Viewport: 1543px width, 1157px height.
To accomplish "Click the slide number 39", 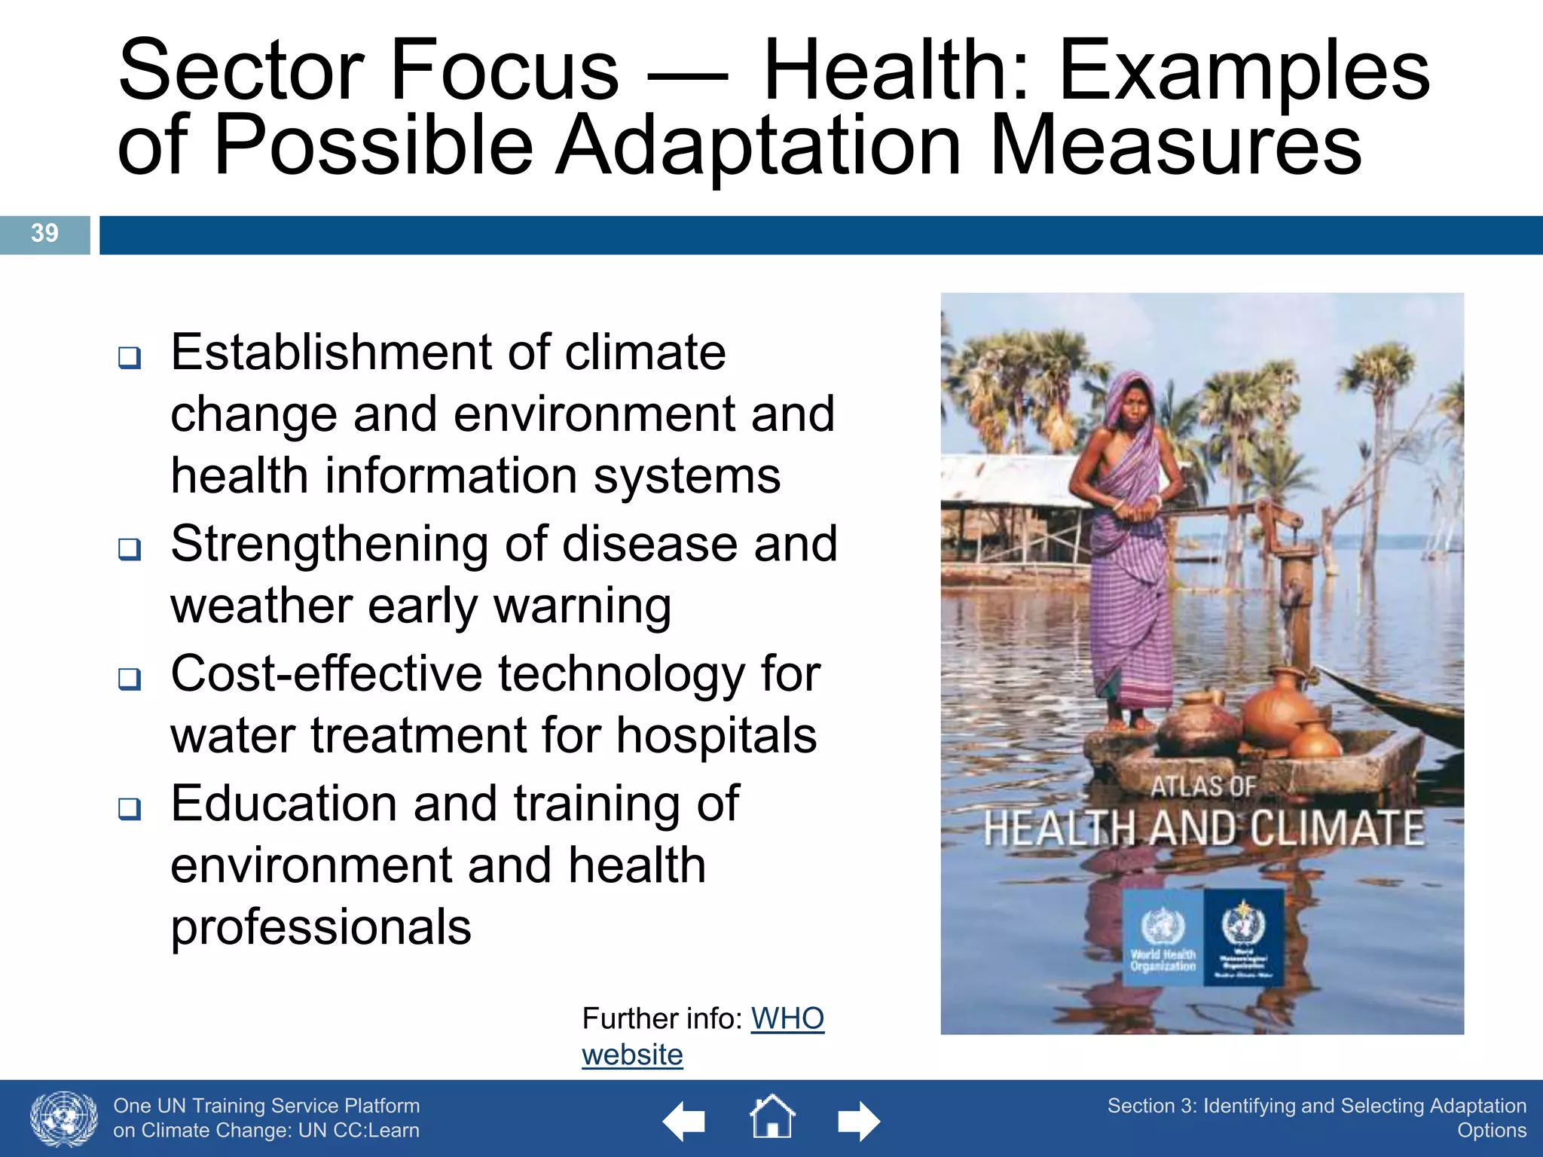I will tap(44, 233).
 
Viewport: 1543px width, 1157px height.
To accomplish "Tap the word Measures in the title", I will tap(1175, 145).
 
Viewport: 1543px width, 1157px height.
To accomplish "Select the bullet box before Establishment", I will tap(130, 357).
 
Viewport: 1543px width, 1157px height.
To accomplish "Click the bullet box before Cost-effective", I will tap(130, 679).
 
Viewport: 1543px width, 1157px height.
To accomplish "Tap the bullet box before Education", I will tap(130, 808).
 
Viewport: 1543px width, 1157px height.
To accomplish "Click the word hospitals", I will tap(716, 735).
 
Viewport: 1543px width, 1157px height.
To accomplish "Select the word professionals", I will tap(321, 927).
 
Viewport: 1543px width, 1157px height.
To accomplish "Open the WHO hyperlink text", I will tap(787, 1018).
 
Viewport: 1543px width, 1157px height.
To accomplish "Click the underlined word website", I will tap(632, 1055).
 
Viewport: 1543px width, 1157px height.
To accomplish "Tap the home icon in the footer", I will tap(772, 1117).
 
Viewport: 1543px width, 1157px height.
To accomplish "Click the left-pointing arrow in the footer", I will tap(683, 1121).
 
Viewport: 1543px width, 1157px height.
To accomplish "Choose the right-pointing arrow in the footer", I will tap(859, 1121).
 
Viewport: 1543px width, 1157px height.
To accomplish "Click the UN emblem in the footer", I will tap(64, 1119).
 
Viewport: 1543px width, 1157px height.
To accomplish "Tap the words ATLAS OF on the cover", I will tap(1203, 786).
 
